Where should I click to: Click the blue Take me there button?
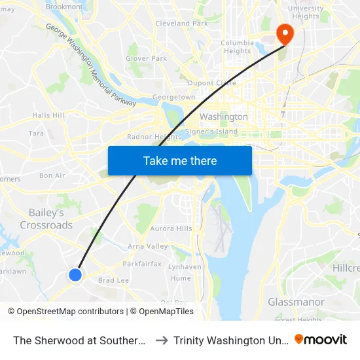[180, 160]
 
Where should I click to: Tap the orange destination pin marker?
[285, 33]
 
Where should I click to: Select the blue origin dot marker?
[75, 275]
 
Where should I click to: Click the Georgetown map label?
[173, 97]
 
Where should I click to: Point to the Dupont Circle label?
[211, 83]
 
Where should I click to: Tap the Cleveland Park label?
[181, 24]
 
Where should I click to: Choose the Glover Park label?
[146, 58]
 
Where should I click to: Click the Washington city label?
[223, 117]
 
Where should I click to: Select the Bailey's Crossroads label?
[46, 219]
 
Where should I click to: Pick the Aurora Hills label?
[171, 228]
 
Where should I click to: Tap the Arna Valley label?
[148, 246]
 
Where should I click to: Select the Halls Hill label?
[48, 115]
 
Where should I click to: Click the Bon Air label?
[52, 175]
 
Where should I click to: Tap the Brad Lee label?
[113, 280]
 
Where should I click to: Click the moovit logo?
[321, 340]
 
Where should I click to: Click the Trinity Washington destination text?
[230, 340]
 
